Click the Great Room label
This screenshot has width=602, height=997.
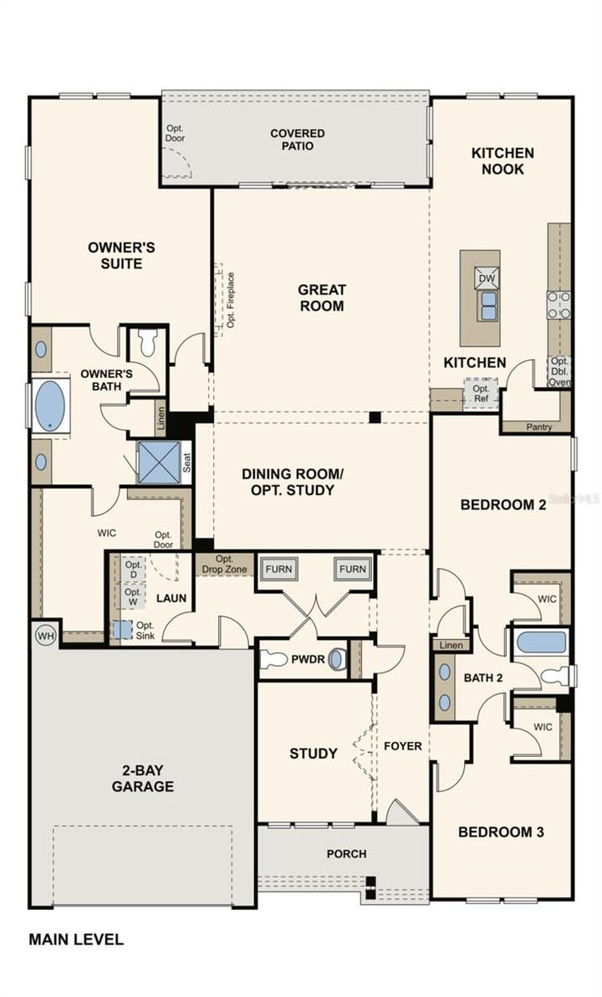(x=322, y=298)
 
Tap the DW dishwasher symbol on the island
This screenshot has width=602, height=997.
(x=487, y=278)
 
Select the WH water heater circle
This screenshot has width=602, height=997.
(x=45, y=635)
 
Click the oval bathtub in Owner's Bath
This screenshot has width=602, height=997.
(x=50, y=404)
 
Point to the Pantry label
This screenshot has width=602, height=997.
(x=539, y=427)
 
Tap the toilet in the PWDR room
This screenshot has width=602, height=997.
(x=274, y=659)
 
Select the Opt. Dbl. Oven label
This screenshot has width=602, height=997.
(x=559, y=372)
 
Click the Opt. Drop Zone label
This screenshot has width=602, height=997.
(x=224, y=564)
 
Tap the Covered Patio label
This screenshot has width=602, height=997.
(x=298, y=139)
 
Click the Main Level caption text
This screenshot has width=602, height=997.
(x=76, y=939)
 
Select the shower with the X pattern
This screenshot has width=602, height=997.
(x=159, y=463)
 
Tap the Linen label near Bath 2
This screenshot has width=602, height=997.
(x=451, y=645)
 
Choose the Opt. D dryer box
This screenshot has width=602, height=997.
(x=133, y=569)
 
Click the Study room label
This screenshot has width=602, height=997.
(x=314, y=754)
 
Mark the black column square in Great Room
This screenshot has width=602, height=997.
(x=375, y=417)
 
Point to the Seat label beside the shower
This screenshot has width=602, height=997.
(x=187, y=463)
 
